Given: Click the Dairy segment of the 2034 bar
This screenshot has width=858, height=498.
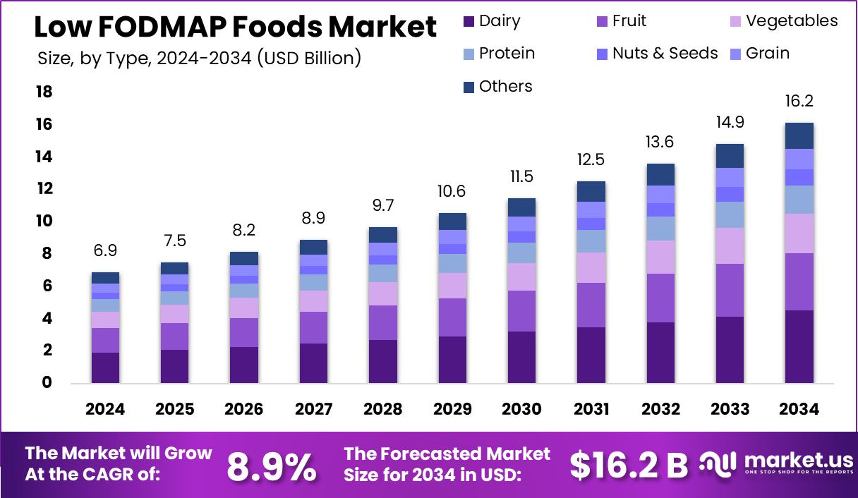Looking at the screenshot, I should (x=799, y=346).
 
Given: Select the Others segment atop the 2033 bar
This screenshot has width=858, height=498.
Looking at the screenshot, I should (x=730, y=156).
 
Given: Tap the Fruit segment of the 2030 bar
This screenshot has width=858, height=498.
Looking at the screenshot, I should (x=521, y=311).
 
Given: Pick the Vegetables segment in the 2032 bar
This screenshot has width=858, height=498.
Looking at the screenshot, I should (x=660, y=257).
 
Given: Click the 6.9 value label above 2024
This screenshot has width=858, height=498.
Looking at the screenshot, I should (x=104, y=251).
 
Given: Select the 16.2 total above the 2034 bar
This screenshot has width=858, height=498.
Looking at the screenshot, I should (x=799, y=102).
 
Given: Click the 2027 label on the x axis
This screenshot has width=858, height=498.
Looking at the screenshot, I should (x=313, y=409).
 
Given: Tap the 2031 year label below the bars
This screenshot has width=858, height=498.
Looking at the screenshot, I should (x=591, y=409).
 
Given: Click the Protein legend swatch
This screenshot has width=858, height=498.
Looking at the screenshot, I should (x=469, y=54).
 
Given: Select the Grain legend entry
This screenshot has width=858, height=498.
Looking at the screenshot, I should (x=767, y=54).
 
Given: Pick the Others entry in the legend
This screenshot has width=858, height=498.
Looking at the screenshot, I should (x=505, y=86).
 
